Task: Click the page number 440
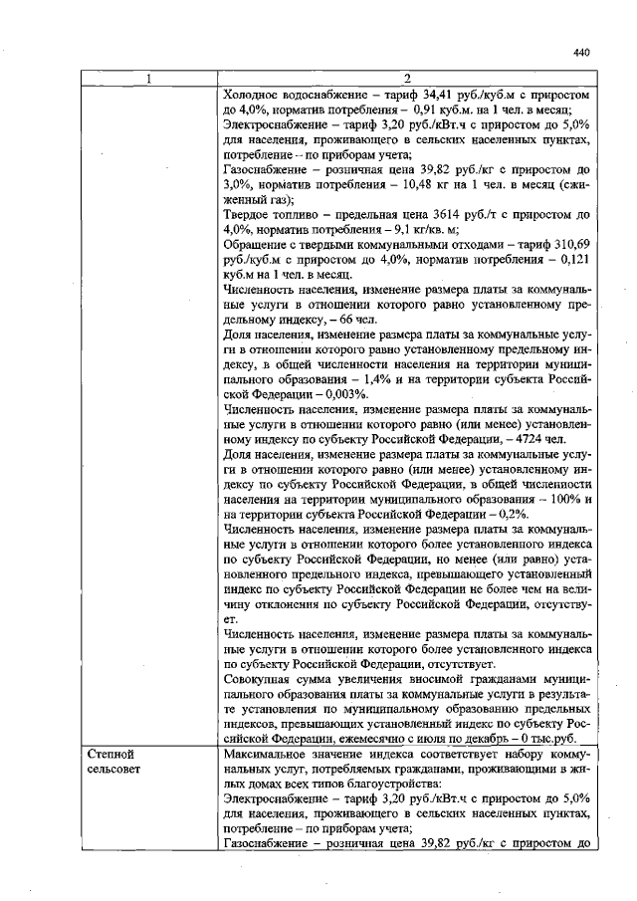point(582,54)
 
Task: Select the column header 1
point(149,79)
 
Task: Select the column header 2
point(408,79)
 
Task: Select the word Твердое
point(249,215)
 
